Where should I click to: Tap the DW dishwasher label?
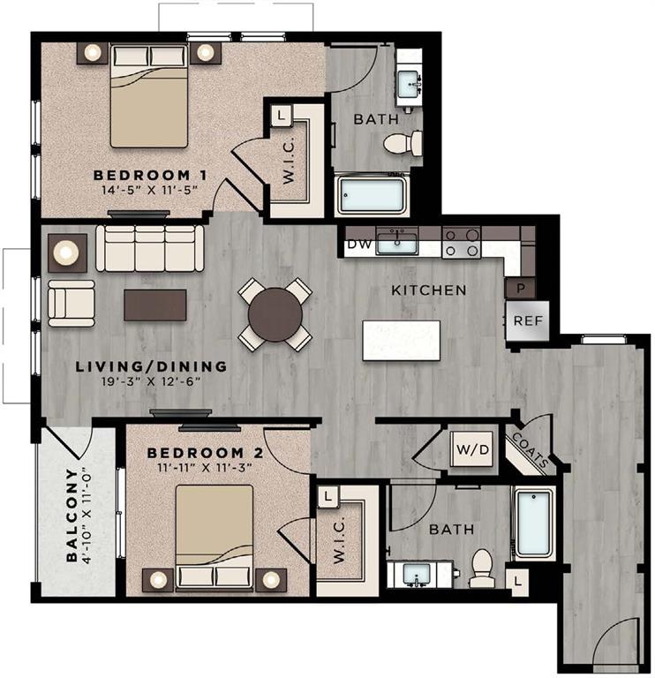point(358,244)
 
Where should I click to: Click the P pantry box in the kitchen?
point(520,289)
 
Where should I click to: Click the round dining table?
point(275,313)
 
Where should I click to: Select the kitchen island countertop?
point(401,340)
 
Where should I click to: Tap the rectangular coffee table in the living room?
point(155,305)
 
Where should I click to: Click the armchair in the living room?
point(72,303)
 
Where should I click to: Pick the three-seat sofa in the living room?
point(150,248)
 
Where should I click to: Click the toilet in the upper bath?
point(404,142)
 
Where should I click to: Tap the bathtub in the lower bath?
point(533,524)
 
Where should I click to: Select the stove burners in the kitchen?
point(461,242)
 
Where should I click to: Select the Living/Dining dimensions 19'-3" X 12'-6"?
point(151,381)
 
